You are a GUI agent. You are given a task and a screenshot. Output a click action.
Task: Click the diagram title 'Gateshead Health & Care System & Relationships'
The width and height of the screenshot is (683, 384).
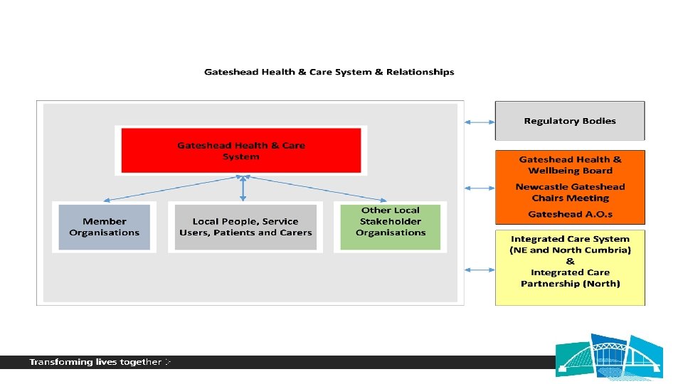329,72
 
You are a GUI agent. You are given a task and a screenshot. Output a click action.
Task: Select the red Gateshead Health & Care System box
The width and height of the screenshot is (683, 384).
241,150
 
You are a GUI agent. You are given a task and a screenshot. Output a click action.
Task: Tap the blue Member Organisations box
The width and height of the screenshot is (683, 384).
105,227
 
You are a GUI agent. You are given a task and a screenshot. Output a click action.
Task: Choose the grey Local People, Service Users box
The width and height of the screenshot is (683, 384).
245,227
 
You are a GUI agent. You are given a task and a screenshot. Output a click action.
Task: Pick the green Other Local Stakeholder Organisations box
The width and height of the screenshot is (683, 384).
391,227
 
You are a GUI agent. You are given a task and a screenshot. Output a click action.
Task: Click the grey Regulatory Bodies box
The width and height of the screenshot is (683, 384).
570,121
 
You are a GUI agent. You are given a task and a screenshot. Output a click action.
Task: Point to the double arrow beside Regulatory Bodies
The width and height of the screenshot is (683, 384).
479,122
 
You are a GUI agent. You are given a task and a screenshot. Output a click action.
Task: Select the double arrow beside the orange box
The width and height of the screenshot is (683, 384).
479,188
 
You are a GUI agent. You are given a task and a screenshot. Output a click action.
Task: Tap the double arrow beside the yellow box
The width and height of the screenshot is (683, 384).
479,270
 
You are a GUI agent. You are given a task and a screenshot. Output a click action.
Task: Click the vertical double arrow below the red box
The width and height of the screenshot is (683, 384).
243,188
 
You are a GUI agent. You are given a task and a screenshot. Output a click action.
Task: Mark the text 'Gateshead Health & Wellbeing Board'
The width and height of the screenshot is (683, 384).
570,165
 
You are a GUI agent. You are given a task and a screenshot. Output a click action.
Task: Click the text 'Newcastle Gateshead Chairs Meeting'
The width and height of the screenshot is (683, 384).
570,192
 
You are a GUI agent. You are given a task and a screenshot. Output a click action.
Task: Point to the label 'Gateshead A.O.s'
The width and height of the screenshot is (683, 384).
570,214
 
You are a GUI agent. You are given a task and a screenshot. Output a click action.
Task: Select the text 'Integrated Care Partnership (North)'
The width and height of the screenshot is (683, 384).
570,278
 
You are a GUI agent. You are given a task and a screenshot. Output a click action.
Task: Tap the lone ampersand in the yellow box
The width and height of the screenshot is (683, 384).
570,261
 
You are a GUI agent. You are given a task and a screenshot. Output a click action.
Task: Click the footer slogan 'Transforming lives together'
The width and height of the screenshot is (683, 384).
95,362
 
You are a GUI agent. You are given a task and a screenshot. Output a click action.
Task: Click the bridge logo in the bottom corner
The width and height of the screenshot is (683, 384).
610,356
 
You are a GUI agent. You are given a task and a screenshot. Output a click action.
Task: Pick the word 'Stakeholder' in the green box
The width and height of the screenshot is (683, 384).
391,221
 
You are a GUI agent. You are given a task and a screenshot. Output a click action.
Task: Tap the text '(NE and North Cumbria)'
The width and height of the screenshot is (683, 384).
570,250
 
